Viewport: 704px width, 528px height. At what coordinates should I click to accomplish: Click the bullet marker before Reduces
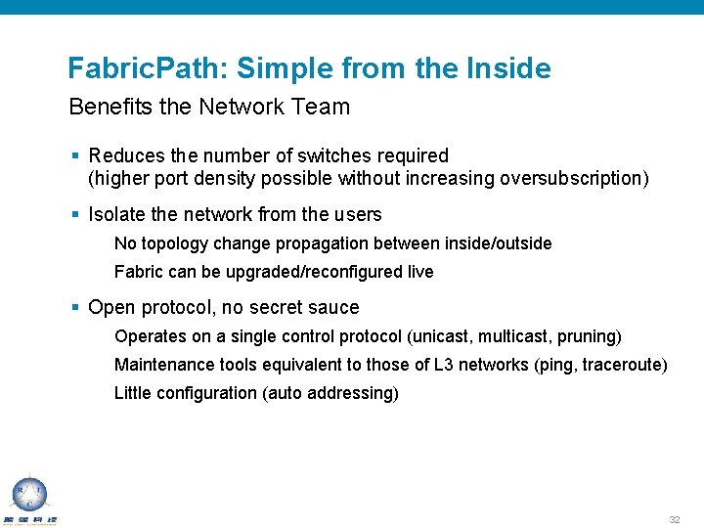[75, 155]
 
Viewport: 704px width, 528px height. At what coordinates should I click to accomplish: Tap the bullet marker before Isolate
[75, 214]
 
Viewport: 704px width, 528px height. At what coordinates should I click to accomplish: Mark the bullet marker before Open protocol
[75, 307]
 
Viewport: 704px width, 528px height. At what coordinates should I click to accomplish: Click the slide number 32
[674, 519]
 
